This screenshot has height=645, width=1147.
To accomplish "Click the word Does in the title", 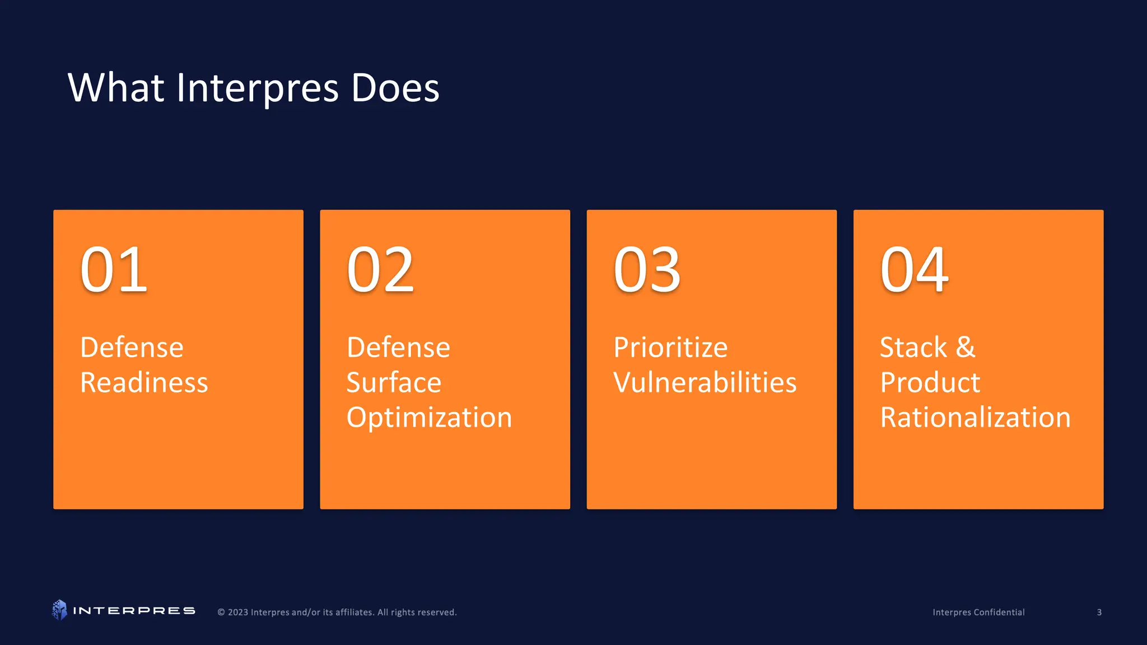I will pyautogui.click(x=395, y=88).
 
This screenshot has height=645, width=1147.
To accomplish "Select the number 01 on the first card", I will pyautogui.click(x=114, y=270).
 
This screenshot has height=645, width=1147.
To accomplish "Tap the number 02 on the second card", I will pyautogui.click(x=380, y=270).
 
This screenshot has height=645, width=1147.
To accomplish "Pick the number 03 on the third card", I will pyautogui.click(x=647, y=270).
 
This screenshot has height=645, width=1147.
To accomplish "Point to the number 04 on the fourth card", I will pyautogui.click(x=914, y=270).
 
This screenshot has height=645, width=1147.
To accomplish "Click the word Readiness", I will pyautogui.click(x=144, y=383).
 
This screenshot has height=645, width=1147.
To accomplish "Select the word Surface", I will pyautogui.click(x=394, y=383).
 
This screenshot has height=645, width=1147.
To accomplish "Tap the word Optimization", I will pyautogui.click(x=429, y=418).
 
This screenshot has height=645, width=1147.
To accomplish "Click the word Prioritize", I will pyautogui.click(x=670, y=348).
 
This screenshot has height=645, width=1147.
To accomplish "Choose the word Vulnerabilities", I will pyautogui.click(x=705, y=383).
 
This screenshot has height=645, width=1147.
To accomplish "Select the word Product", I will pyautogui.click(x=930, y=383).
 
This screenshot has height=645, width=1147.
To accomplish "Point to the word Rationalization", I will pyautogui.click(x=975, y=418).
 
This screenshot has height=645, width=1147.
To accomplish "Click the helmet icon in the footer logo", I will pyautogui.click(x=59, y=610).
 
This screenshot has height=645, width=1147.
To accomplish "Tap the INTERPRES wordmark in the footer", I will pyautogui.click(x=134, y=611).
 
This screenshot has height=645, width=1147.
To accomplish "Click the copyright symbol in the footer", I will pyautogui.click(x=221, y=613).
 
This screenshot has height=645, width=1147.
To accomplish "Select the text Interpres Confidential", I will pyautogui.click(x=978, y=613).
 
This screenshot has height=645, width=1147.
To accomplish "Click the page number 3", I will pyautogui.click(x=1099, y=613).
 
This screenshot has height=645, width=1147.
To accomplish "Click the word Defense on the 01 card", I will pyautogui.click(x=132, y=348).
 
